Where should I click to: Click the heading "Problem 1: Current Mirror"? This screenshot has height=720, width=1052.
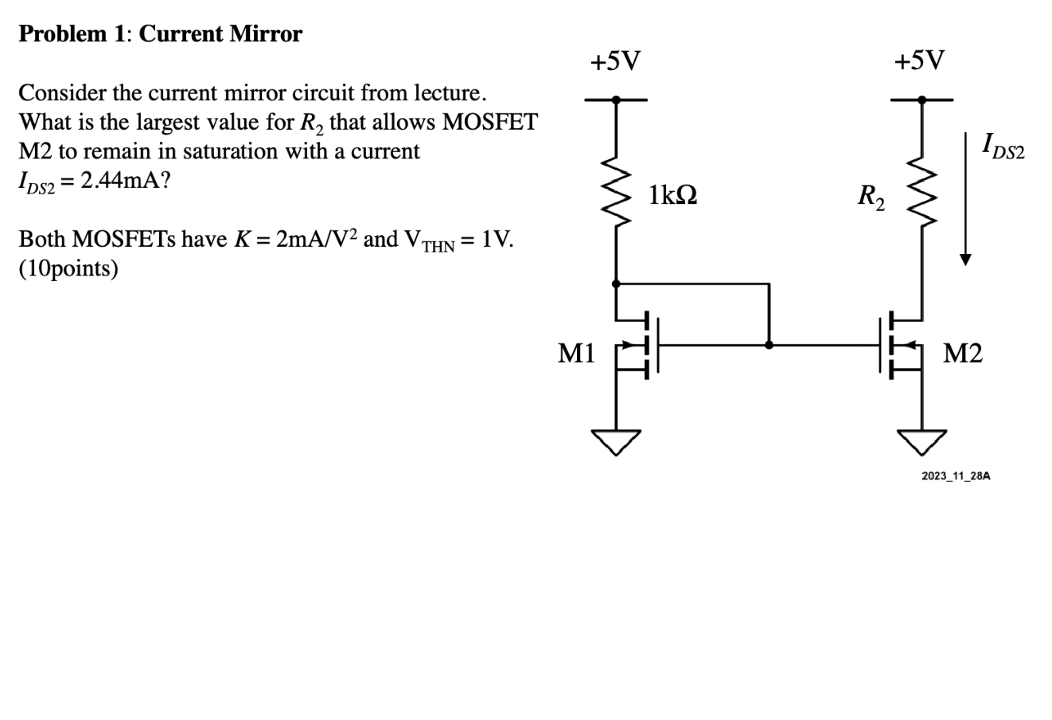160,34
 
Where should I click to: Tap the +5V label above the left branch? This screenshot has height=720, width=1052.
614,61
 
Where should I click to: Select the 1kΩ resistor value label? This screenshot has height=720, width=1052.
672,195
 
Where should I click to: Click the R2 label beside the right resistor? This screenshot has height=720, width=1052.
869,196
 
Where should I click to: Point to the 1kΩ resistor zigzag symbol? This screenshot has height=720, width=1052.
616,195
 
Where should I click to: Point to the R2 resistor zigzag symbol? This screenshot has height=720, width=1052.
921,195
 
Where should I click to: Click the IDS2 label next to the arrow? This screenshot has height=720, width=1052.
1003,147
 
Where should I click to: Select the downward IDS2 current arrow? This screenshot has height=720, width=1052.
965,199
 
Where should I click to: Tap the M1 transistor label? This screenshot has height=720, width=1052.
576,353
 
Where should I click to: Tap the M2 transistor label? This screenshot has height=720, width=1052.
962,353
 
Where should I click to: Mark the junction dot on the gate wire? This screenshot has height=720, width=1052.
769,345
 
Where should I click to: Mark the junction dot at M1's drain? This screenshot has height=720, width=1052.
616,283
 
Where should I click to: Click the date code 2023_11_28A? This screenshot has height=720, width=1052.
956,475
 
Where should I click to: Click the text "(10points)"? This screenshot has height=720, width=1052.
68,269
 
